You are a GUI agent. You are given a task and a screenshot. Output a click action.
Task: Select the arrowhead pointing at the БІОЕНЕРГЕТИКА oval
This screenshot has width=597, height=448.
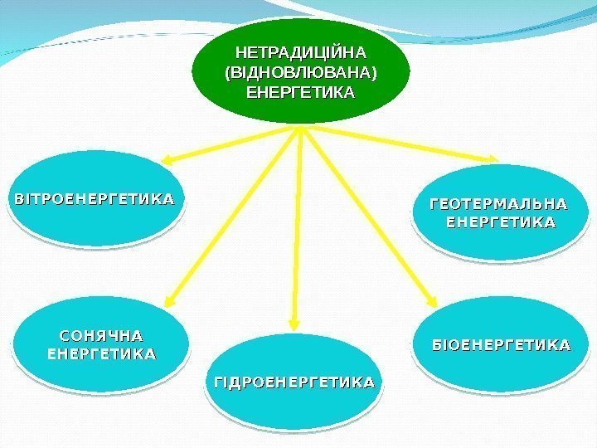point(432,302)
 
